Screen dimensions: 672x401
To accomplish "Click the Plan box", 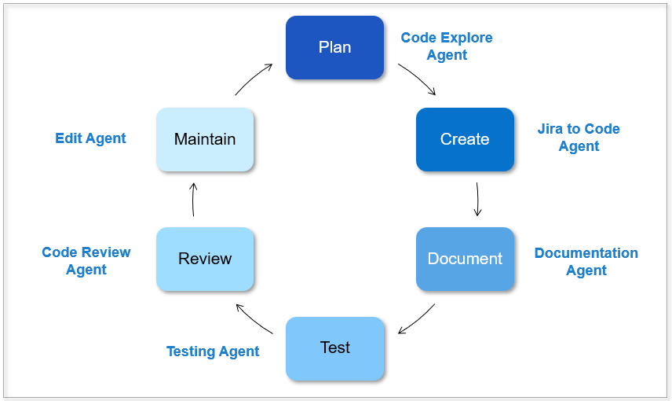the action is click(x=334, y=48).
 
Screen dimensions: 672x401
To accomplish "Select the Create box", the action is click(x=465, y=139).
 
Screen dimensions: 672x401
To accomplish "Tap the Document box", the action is click(x=465, y=259).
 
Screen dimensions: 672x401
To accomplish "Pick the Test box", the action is click(x=334, y=348).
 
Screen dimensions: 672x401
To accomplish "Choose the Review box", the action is click(x=205, y=259).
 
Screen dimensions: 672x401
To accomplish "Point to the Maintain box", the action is click(x=205, y=139).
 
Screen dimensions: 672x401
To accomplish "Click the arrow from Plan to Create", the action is click(x=418, y=78).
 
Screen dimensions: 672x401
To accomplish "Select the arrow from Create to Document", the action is click(x=477, y=199).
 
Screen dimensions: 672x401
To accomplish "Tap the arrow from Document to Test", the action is click(x=418, y=320).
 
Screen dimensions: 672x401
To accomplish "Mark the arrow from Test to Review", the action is click(x=254, y=318).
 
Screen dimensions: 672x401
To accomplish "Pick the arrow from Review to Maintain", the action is click(x=193, y=200).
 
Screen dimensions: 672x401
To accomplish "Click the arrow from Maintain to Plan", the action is click(x=253, y=78).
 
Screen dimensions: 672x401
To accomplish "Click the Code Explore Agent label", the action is click(x=447, y=46).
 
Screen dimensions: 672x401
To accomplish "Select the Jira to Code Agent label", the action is click(x=579, y=138).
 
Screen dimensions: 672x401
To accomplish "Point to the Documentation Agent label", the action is click(x=586, y=262).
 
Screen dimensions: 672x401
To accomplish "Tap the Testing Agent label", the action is click(x=213, y=351).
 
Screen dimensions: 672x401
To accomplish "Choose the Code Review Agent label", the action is click(x=86, y=260).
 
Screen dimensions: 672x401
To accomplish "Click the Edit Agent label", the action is click(x=90, y=138).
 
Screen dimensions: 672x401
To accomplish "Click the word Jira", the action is click(x=550, y=129).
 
